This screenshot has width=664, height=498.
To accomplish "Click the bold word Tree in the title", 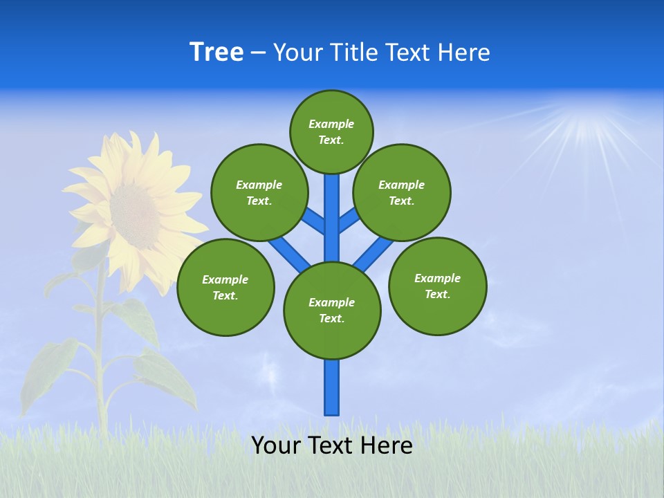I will pos(216,52).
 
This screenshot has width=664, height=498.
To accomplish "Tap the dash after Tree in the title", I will pos(259,53).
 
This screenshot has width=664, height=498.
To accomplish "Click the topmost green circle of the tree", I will pos(331,131).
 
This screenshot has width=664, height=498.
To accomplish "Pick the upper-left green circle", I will pos(259,192).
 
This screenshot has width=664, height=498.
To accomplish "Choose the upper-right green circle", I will pos(402,192).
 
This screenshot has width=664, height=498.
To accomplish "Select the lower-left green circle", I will pos(225,287).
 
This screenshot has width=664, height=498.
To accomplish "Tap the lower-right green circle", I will pos(437,285).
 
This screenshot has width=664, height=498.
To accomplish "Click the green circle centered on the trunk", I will pos(332,311).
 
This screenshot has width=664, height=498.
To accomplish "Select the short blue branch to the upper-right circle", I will pos(349,220).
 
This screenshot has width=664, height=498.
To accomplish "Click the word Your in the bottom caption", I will pos(276,445).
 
